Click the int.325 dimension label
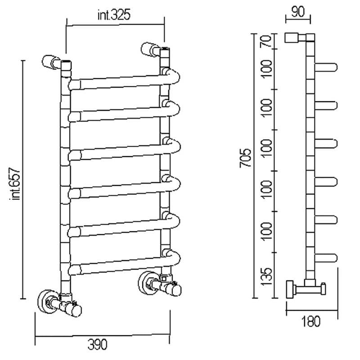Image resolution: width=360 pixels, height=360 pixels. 114,15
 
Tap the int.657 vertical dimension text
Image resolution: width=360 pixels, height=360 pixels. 15,184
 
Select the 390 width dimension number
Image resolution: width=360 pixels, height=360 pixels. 97,344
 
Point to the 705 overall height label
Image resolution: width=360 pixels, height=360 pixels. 245,158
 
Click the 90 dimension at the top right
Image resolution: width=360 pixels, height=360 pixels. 298,12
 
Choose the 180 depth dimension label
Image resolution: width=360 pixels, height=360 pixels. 310,321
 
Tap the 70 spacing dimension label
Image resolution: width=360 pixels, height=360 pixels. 266,41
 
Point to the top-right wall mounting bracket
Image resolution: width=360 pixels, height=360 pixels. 151,49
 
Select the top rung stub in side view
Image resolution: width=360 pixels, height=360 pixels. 326,67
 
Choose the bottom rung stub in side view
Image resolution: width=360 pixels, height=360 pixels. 326,258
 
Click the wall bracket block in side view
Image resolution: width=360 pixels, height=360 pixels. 292,38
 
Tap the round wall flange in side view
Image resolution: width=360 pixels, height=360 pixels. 290,289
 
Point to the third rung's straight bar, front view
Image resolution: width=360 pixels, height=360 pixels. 121,153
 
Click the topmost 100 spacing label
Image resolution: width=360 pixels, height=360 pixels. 266,69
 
